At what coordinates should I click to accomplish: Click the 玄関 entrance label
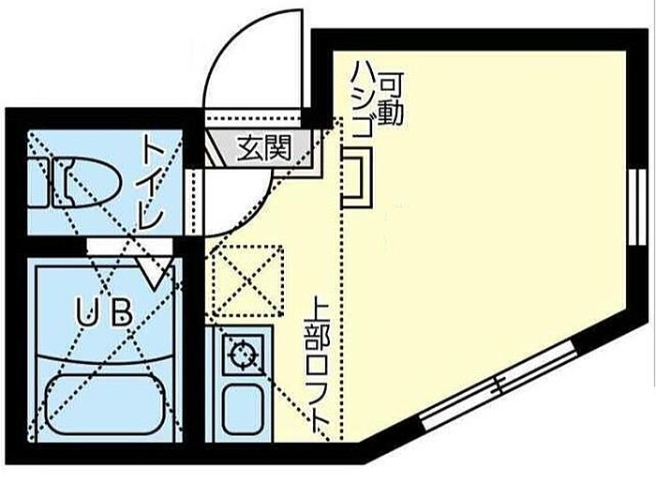pos(262,147)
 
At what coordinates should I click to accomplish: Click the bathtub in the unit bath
pos(103,403)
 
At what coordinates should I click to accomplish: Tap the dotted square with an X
pos(246,279)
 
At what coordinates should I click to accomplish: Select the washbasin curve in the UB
pos(103,356)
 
